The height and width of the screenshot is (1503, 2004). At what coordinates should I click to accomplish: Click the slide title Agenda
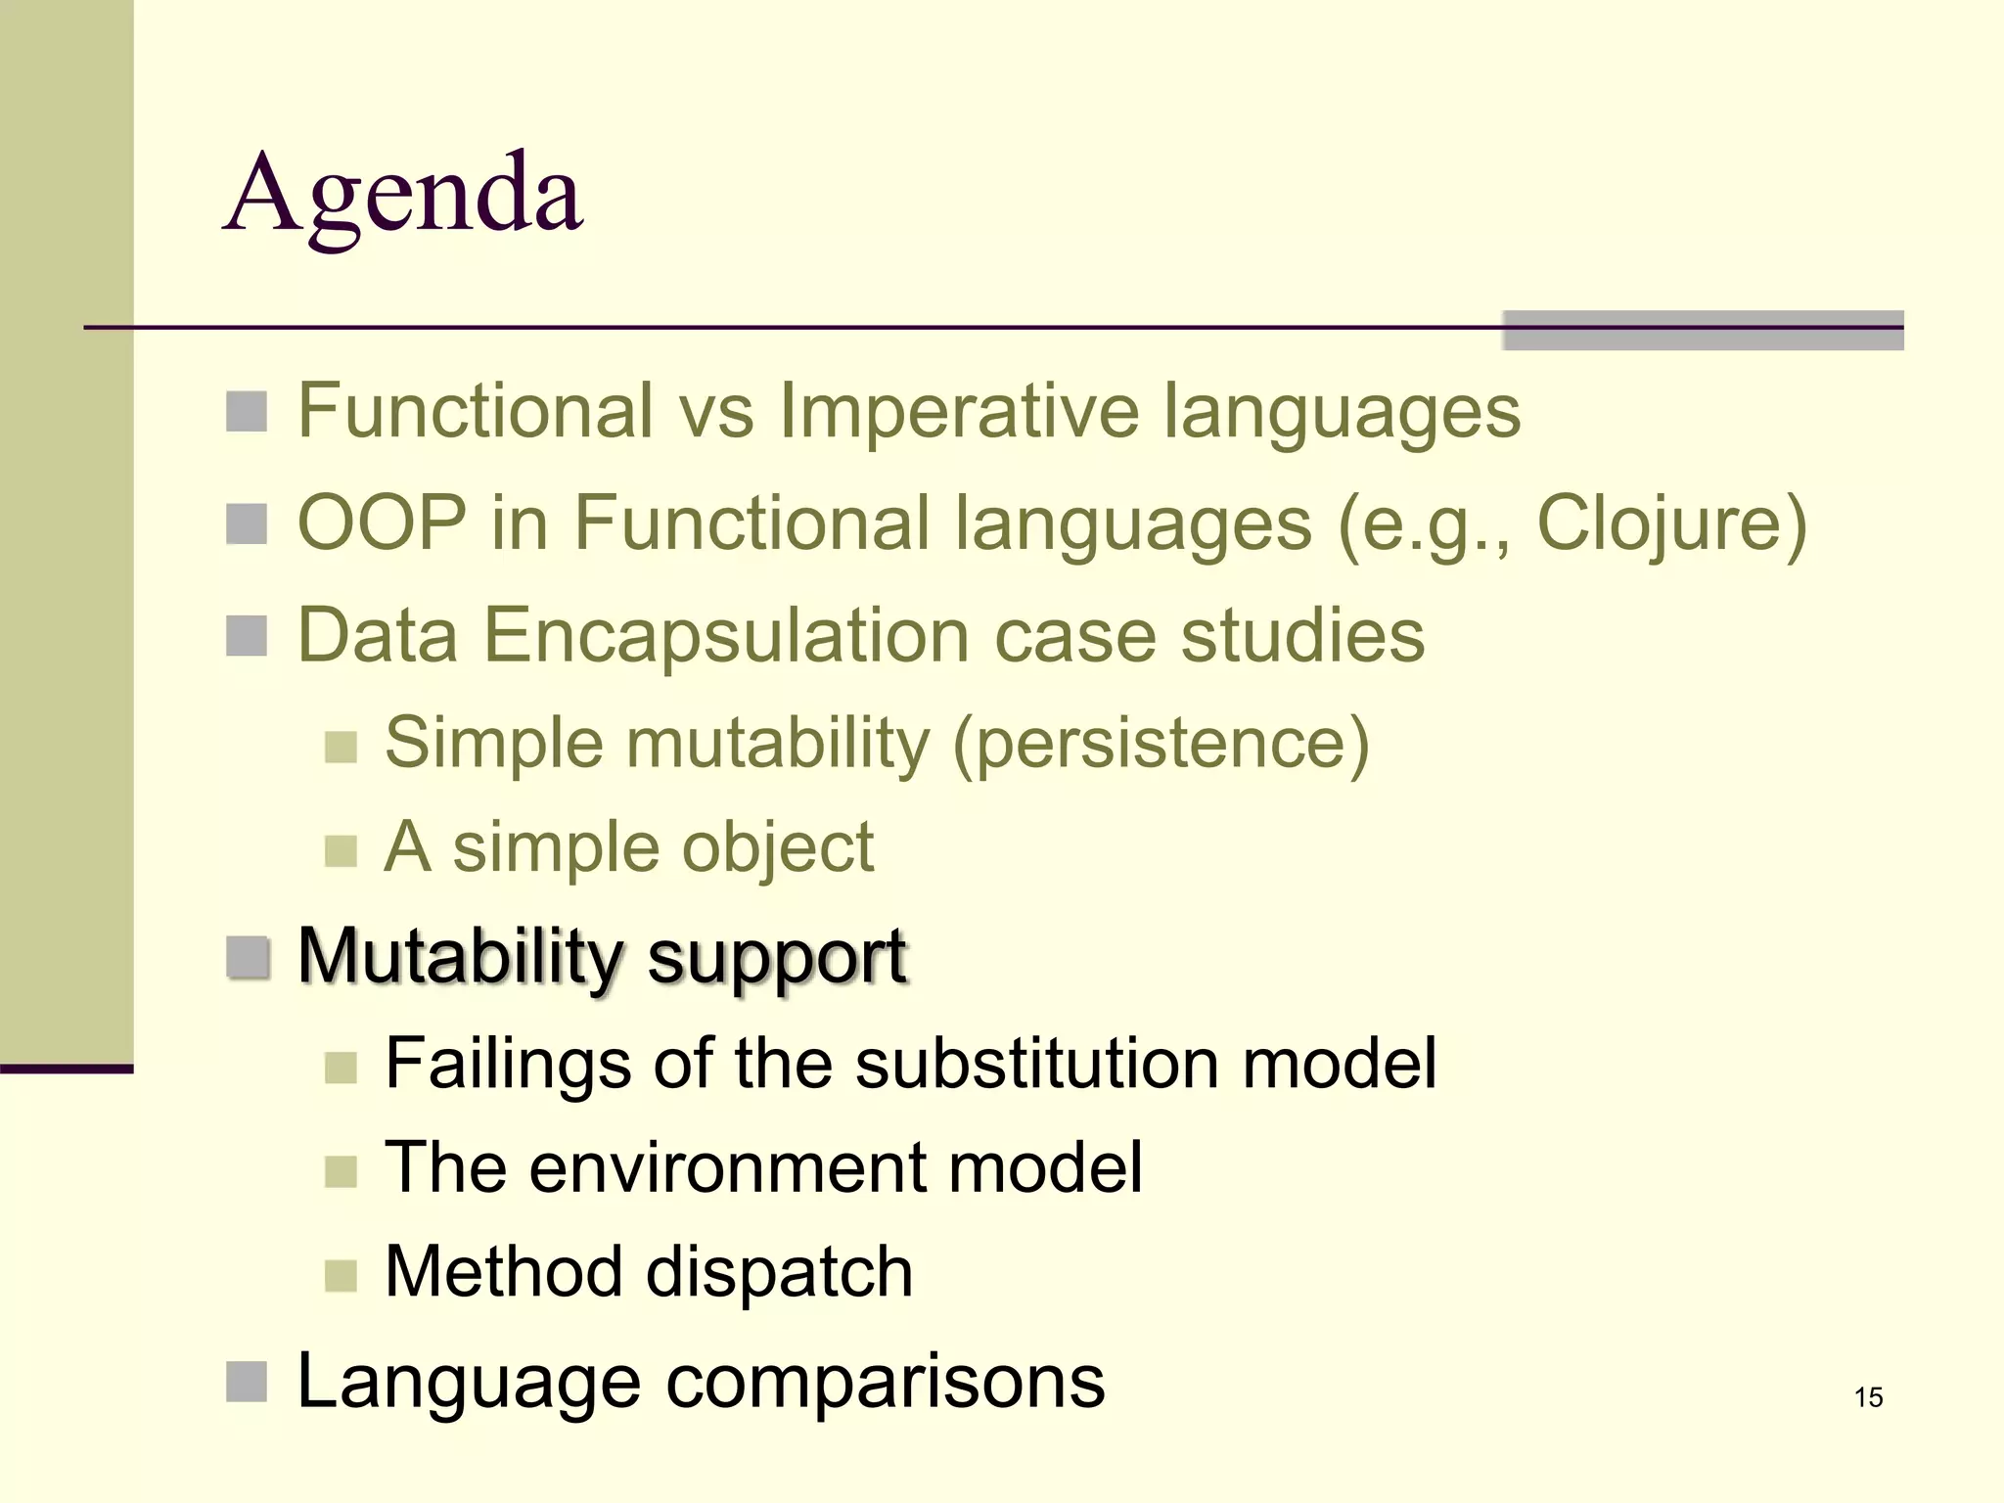tap(404, 194)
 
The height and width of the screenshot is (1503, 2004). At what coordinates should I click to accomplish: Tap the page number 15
tap(1868, 1397)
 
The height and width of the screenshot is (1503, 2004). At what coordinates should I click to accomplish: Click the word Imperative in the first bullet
tap(958, 411)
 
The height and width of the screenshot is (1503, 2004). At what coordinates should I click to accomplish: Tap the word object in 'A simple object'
tap(777, 847)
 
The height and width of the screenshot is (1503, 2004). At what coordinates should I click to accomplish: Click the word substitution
tap(1036, 1063)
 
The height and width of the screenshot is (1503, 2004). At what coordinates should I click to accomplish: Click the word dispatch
tap(779, 1272)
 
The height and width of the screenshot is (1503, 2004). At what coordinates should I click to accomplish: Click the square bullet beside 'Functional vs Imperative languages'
tap(247, 412)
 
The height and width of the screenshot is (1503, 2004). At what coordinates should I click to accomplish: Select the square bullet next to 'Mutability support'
tap(247, 957)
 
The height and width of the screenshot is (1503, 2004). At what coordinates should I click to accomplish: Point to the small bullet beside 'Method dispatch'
tap(341, 1275)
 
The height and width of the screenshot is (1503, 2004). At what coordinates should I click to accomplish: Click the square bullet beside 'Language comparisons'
tap(247, 1382)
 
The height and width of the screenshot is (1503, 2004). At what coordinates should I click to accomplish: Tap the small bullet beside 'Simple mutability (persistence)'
tap(341, 747)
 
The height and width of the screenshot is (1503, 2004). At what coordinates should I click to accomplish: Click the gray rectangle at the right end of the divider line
tap(1703, 331)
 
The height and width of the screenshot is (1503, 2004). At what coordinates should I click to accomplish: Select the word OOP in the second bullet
tap(382, 524)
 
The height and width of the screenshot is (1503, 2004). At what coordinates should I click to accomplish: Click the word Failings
tap(508, 1065)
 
